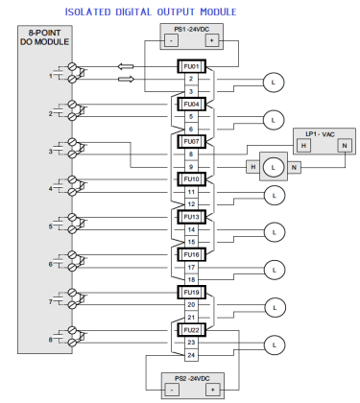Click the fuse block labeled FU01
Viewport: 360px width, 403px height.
pyautogui.click(x=192, y=66)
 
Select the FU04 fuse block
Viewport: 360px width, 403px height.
pyautogui.click(x=192, y=104)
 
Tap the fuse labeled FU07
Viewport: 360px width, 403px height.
pyautogui.click(x=192, y=141)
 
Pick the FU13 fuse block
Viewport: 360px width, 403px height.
pyautogui.click(x=192, y=217)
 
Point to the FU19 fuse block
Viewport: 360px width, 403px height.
pyautogui.click(x=192, y=292)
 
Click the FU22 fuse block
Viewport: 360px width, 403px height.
pyautogui.click(x=192, y=329)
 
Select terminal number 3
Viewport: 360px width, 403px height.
pyautogui.click(x=192, y=91)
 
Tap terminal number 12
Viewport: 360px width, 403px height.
pyautogui.click(x=192, y=203)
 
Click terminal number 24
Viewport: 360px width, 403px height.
pyautogui.click(x=192, y=354)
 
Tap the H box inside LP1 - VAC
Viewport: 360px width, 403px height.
pyautogui.click(x=302, y=145)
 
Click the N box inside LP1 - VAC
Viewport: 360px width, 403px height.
pyautogui.click(x=343, y=145)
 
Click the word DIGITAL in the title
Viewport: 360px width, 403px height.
pyautogui.click(x=146, y=12)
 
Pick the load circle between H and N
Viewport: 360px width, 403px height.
pyautogui.click(x=275, y=166)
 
